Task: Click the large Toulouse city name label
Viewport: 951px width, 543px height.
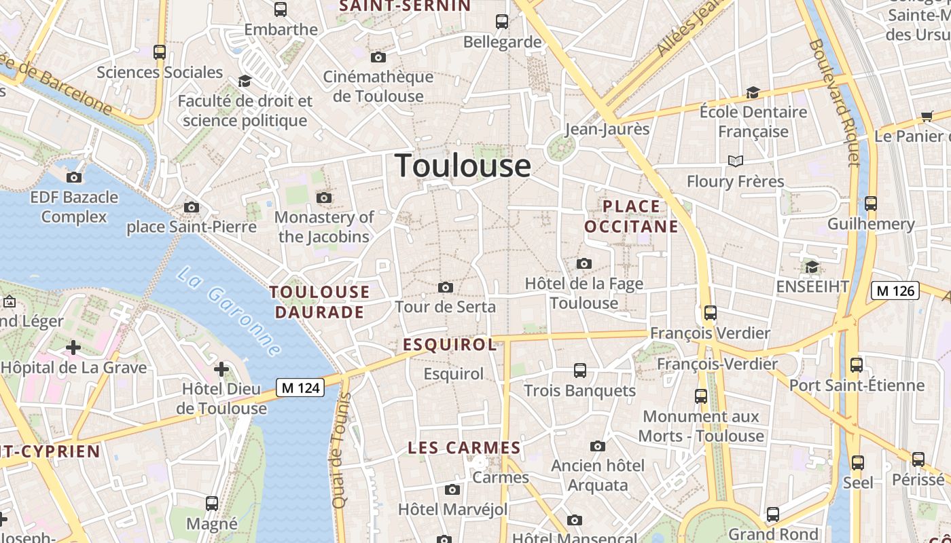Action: click(x=463, y=166)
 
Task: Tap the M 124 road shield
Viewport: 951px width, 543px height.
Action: click(x=300, y=388)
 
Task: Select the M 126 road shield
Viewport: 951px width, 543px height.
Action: click(x=895, y=291)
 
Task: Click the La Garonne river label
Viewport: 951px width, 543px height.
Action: click(x=228, y=312)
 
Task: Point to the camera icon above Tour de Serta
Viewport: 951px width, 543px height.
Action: click(x=446, y=288)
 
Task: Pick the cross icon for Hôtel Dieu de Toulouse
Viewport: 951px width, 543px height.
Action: click(x=221, y=369)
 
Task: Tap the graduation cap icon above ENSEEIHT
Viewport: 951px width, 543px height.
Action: click(x=812, y=267)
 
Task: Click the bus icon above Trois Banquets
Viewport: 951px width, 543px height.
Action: click(x=579, y=371)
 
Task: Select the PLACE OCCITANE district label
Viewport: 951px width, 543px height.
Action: click(x=631, y=217)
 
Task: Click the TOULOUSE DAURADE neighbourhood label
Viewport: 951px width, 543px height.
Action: click(x=320, y=302)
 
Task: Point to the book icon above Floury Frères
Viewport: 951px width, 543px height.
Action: click(x=736, y=161)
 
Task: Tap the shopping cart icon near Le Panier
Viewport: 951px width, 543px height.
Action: click(x=927, y=117)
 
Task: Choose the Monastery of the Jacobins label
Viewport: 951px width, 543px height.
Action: click(x=324, y=227)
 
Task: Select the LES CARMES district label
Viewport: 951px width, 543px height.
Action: click(x=464, y=448)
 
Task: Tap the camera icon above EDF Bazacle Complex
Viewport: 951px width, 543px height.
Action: click(x=74, y=178)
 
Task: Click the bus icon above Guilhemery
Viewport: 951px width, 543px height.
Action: click(x=871, y=204)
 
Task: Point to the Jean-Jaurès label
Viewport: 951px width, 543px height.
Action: click(x=607, y=129)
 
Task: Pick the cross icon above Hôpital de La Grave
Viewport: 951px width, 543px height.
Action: click(x=73, y=348)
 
